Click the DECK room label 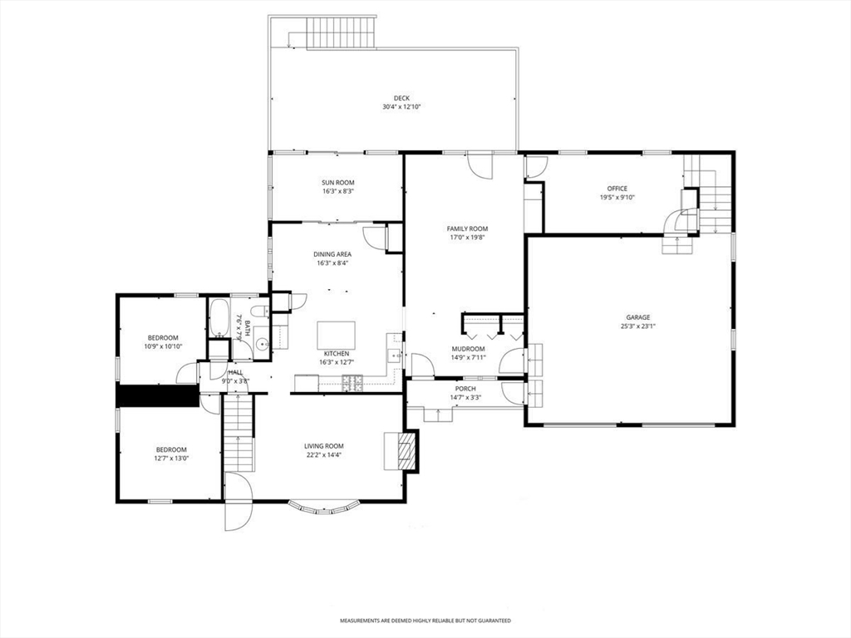[401, 98]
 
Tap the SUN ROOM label [337, 183]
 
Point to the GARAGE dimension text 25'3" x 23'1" [637, 326]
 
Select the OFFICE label [617, 189]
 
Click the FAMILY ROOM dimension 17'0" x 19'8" [467, 237]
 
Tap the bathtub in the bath [220, 317]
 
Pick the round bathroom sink [262, 344]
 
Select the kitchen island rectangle [337, 336]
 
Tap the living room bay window [324, 506]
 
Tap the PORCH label [465, 389]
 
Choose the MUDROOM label [469, 349]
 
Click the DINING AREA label [332, 254]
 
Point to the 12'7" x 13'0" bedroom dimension [171, 459]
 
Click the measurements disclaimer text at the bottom [425, 621]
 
